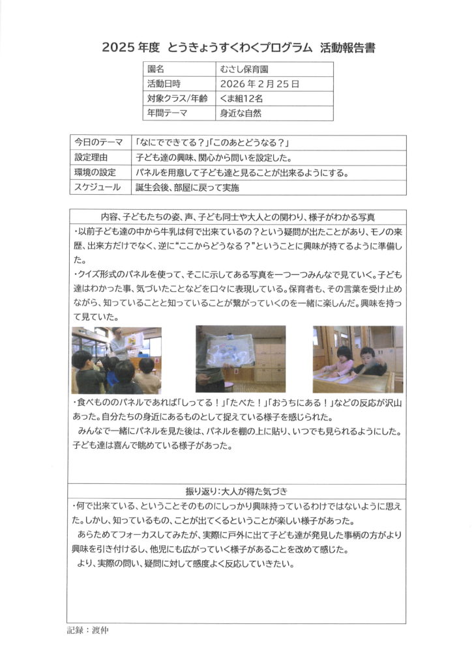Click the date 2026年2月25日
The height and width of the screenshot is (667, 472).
pos(259,84)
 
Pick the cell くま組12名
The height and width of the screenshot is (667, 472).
pos(242,98)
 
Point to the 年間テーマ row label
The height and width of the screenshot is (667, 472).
pos(168,113)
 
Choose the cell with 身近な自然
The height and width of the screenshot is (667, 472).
pos(241,113)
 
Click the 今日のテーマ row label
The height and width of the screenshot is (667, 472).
pos(98,143)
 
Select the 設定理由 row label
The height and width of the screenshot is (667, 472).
pos(91,158)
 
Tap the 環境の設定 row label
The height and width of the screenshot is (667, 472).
pos(95,173)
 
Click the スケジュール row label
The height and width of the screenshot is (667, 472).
pos(97,188)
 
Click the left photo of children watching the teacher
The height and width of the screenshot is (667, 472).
pos(116,360)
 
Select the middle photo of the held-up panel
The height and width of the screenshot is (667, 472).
pos(240,358)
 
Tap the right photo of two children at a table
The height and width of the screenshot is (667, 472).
pos(357,359)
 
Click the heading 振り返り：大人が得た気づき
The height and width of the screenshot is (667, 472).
pos(236,491)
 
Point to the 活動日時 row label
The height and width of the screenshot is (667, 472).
pos(164,84)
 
